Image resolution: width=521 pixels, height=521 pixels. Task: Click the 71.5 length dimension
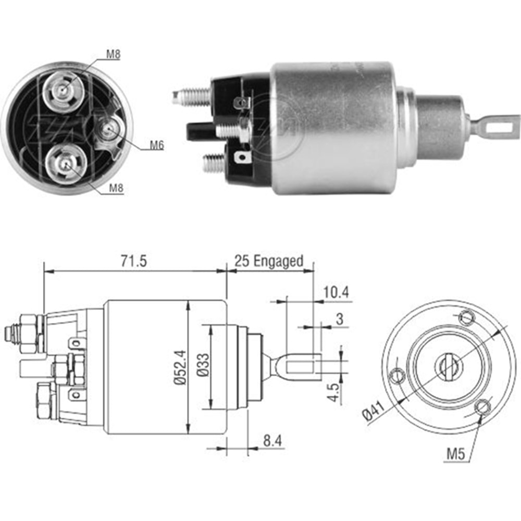click(x=134, y=262)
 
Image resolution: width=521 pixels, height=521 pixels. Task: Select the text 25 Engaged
click(x=268, y=261)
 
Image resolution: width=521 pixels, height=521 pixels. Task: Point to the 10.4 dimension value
click(x=335, y=293)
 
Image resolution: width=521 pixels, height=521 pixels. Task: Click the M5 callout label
click(x=455, y=454)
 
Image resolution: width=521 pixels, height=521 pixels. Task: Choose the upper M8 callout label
click(x=113, y=54)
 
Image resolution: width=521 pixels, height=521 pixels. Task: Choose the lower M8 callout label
click(x=116, y=189)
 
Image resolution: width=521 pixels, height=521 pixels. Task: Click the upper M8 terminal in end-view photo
click(x=63, y=90)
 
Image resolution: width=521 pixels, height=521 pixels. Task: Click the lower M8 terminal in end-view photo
click(x=65, y=164)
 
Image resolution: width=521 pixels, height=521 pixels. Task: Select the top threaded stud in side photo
click(x=191, y=96)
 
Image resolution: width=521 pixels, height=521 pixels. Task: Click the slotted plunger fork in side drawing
click(x=300, y=365)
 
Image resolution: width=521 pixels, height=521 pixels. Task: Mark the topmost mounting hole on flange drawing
click(x=467, y=317)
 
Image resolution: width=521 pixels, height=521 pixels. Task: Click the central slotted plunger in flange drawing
click(x=448, y=366)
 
